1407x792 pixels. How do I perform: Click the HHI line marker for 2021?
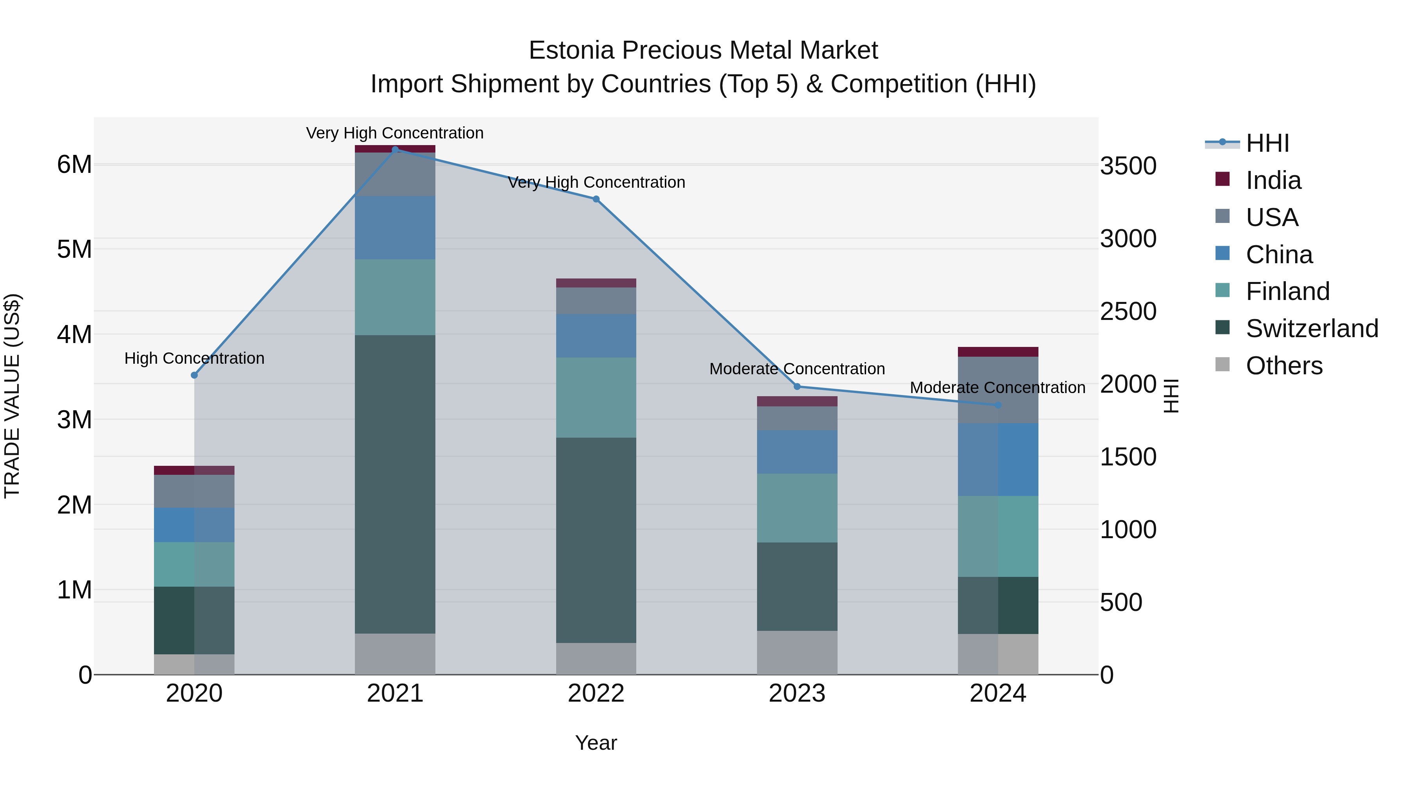[x=395, y=149]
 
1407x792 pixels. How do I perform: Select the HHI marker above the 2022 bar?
[x=596, y=199]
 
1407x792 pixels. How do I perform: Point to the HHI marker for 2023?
[x=797, y=386]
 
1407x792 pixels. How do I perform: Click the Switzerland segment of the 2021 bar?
[x=395, y=484]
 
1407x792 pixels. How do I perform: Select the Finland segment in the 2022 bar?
[x=596, y=397]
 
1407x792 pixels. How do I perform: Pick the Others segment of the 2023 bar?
[x=797, y=653]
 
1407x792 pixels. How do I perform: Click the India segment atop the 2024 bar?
[x=998, y=352]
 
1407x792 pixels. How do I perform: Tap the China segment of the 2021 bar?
[x=395, y=227]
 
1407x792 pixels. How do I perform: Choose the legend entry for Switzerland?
[x=1311, y=329]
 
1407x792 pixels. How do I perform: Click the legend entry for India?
[x=1273, y=180]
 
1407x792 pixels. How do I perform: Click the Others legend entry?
[x=1283, y=366]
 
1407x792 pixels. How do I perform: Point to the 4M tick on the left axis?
[x=74, y=334]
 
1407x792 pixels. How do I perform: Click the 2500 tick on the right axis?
[x=1128, y=312]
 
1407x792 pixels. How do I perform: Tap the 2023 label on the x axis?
[x=797, y=693]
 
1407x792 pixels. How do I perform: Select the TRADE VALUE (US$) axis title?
[x=12, y=396]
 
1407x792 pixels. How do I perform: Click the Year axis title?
[x=596, y=743]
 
